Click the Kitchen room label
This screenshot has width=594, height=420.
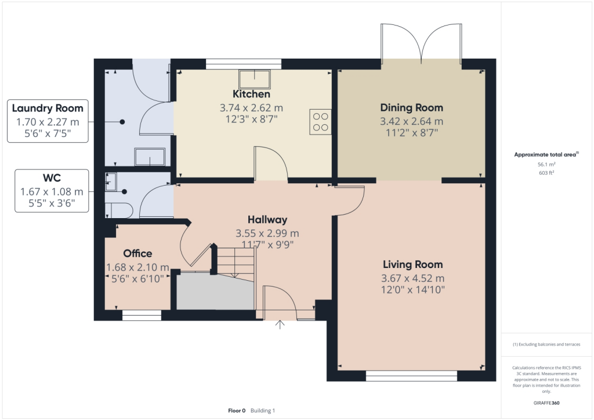[251, 94]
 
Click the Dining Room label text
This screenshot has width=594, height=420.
[411, 107]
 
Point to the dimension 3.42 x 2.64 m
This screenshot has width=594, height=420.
[411, 121]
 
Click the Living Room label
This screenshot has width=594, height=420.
[412, 265]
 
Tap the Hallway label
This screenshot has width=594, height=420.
[267, 220]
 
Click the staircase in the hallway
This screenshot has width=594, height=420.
[235, 261]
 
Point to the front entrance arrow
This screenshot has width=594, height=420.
[281, 324]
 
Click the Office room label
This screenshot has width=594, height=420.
[137, 254]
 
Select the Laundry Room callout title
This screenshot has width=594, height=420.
[48, 108]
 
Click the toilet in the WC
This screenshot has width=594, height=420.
[118, 209]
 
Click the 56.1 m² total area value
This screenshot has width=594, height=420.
[547, 164]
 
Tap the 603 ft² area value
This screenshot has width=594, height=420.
[547, 173]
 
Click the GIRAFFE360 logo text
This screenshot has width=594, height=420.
[547, 403]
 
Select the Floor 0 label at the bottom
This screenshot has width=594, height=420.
[237, 410]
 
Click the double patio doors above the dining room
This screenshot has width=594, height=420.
[422, 44]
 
